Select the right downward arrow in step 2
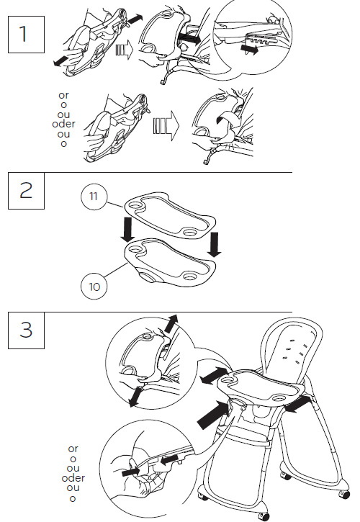coord(214,245)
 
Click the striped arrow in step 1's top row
coord(123,50)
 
